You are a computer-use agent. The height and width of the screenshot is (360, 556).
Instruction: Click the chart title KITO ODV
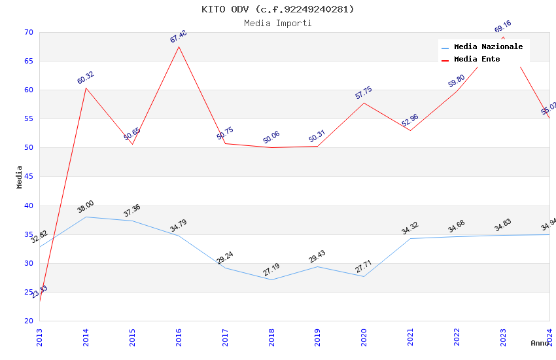click(278, 9)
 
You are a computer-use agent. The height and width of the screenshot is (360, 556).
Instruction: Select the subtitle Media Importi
click(278, 24)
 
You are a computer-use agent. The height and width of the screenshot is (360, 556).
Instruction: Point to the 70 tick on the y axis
click(28, 32)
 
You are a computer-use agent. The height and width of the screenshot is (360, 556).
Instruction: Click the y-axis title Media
click(20, 177)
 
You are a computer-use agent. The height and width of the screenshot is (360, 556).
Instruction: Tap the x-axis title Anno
click(540, 343)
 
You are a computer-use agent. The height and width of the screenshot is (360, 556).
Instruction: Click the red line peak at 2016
click(179, 46)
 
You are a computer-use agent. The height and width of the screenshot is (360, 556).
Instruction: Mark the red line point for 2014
click(86, 88)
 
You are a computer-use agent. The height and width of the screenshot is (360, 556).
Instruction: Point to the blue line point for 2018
click(271, 279)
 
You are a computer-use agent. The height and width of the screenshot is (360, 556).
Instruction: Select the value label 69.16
click(503, 27)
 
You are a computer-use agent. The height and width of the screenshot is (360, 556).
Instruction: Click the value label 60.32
click(86, 78)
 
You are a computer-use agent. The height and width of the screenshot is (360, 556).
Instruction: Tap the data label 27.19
click(271, 270)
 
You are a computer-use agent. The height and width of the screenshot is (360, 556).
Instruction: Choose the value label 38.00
click(86, 207)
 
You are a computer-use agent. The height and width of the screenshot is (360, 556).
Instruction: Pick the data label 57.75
click(364, 93)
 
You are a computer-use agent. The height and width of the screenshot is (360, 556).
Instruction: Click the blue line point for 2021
click(410, 238)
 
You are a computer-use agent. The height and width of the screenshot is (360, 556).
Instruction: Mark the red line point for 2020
click(364, 103)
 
